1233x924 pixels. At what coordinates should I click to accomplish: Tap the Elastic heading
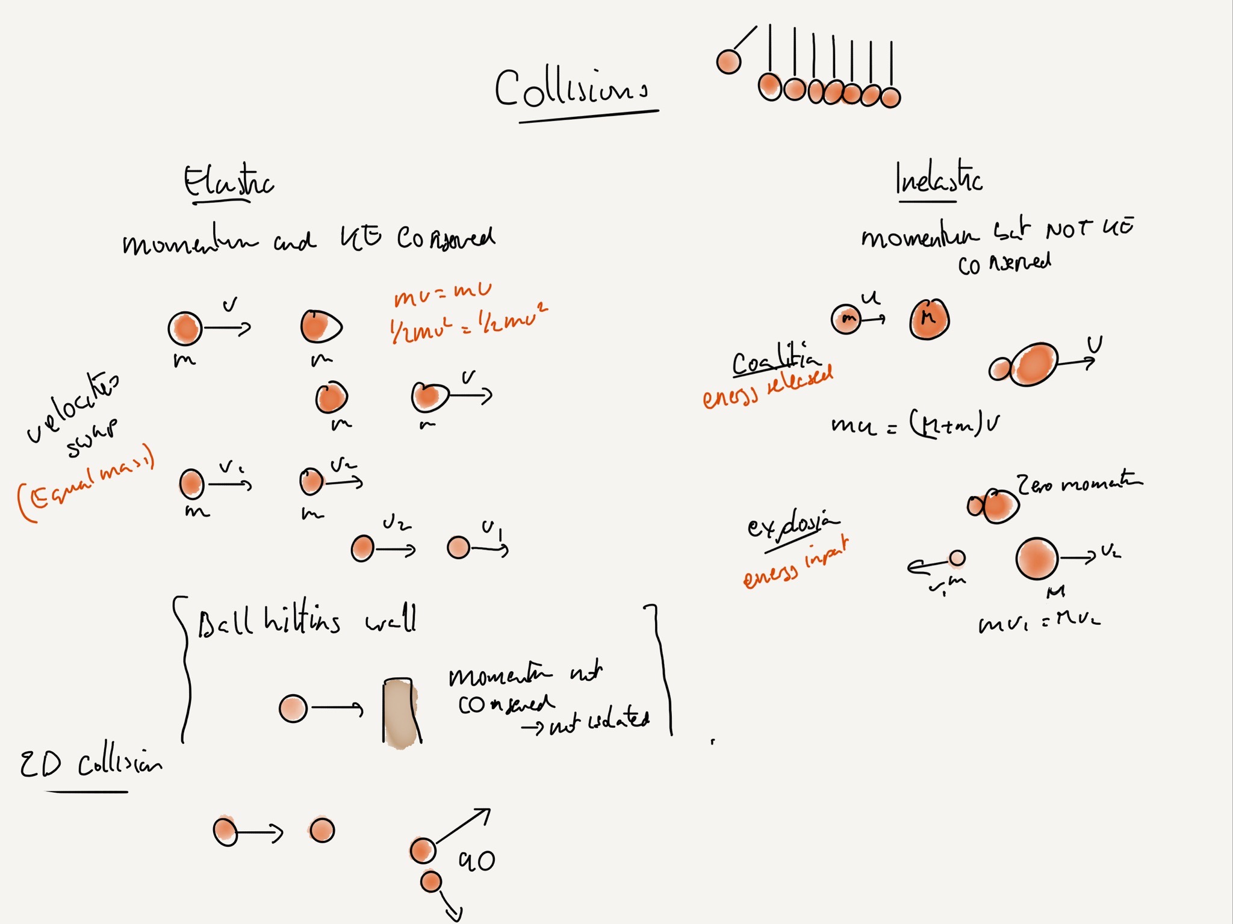pos(228,181)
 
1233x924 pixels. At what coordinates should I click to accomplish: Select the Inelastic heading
pos(938,179)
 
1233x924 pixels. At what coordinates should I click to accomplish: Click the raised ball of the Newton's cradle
pos(728,61)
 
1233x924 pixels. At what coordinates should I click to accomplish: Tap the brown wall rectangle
pos(400,713)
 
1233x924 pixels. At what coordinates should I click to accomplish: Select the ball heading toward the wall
pos(293,709)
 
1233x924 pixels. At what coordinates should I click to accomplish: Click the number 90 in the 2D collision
pos(477,861)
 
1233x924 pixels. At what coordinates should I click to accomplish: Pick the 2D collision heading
pos(90,764)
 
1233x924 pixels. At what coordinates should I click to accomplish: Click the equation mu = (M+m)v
pos(915,424)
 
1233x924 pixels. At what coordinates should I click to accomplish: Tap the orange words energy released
pos(768,387)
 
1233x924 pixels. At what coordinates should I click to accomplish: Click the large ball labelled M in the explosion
pos(1037,559)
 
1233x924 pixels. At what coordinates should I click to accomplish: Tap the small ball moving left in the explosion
pos(957,559)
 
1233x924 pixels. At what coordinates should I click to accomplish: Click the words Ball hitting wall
pos(307,620)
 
